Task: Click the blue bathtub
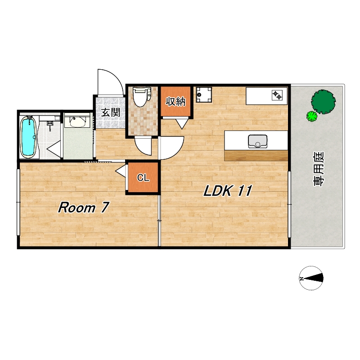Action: [28, 137]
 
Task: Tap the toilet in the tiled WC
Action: [142, 96]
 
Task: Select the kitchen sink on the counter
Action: [257, 141]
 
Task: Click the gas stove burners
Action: [277, 95]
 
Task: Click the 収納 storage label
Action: [175, 101]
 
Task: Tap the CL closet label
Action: [143, 177]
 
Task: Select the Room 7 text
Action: [83, 207]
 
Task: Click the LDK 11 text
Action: [228, 190]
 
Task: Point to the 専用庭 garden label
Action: [319, 169]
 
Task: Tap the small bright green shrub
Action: [312, 116]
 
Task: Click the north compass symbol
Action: [311, 278]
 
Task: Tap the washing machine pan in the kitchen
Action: [204, 94]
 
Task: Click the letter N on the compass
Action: [302, 279]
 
